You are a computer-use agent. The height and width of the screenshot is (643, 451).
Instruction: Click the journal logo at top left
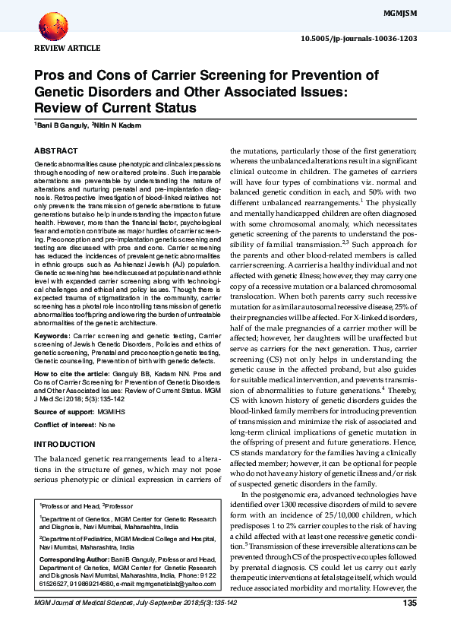pyautogui.click(x=54, y=27)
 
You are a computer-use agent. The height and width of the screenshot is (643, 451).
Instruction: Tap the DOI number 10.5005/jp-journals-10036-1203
pyautogui.click(x=370, y=37)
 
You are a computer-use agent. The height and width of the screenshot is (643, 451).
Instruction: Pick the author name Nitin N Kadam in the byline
pyautogui.click(x=118, y=125)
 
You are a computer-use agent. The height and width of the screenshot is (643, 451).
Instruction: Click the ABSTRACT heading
pyautogui.click(x=56, y=152)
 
